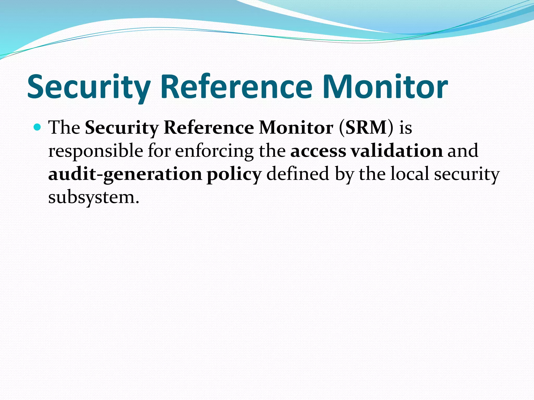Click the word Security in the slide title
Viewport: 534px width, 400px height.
(x=89, y=87)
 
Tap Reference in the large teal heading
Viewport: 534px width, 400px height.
(x=236, y=87)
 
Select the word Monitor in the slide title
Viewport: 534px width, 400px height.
(x=385, y=87)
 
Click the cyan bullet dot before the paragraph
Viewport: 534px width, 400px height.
(x=38, y=127)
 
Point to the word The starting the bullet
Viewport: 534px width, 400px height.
(x=64, y=128)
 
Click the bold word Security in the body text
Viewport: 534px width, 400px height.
(x=122, y=128)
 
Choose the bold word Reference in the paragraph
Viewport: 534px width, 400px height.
(x=209, y=128)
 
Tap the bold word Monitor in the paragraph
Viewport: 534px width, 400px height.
(x=296, y=128)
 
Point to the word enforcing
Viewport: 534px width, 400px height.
(x=214, y=151)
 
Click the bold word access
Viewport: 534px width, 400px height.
(x=318, y=151)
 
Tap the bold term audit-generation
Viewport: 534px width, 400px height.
(x=125, y=174)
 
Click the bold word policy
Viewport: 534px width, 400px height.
(x=234, y=174)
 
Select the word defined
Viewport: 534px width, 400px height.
(x=298, y=174)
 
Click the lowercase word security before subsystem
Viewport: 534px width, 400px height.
(x=467, y=174)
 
